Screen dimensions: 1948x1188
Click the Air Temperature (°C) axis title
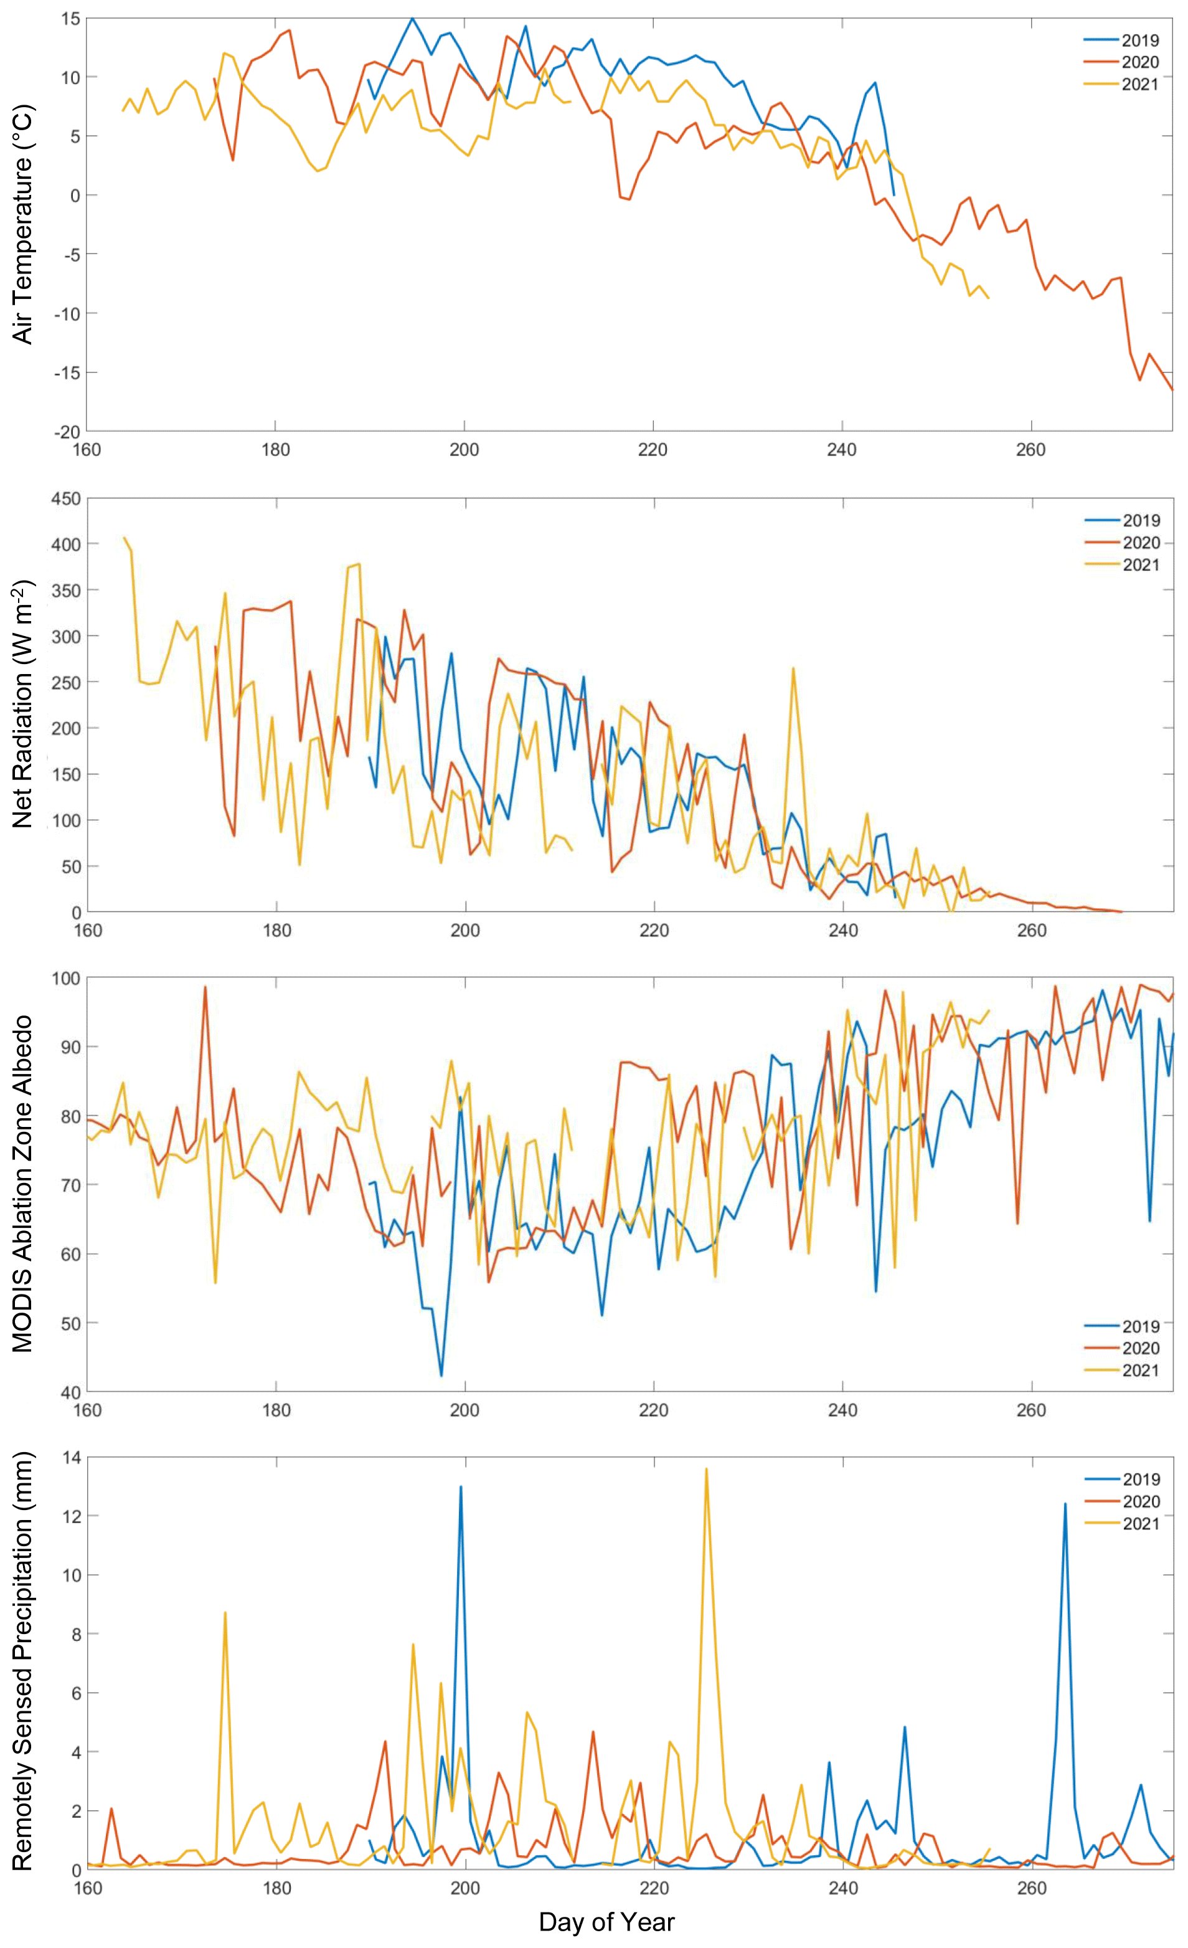pos(24,226)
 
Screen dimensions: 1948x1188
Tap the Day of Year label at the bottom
pos(606,1922)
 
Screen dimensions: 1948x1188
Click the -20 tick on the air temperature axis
pos(67,432)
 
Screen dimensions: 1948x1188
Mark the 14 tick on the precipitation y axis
pos(71,1458)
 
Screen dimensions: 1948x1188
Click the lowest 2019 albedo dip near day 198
pos(441,1375)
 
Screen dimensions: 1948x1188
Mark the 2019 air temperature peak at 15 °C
pos(412,18)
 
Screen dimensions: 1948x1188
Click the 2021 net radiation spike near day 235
pos(793,669)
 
